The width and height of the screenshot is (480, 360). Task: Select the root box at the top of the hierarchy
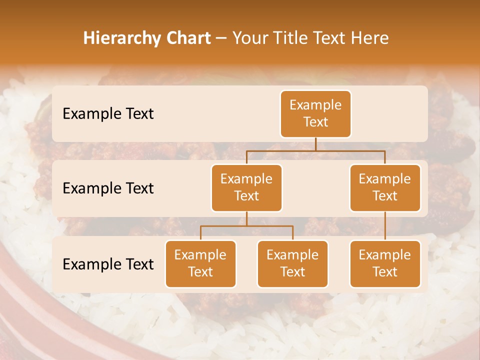coord(315,114)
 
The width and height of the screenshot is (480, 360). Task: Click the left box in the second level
coord(246,187)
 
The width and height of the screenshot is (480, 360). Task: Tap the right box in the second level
coord(385,187)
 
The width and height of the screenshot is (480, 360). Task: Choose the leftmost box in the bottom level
coord(200,263)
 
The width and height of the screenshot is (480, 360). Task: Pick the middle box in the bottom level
coord(292,263)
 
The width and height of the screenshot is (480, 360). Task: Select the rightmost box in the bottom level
coord(385,263)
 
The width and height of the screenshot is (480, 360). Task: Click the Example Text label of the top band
coord(108,114)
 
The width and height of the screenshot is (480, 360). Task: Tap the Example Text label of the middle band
coord(108,188)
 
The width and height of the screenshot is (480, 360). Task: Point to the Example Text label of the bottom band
coord(108,264)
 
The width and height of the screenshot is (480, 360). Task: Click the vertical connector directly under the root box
coord(315,144)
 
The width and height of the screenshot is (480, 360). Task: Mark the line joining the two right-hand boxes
coord(385,226)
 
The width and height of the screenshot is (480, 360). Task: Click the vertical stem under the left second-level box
coord(246,218)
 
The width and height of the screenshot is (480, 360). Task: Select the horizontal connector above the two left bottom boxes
coord(246,226)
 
